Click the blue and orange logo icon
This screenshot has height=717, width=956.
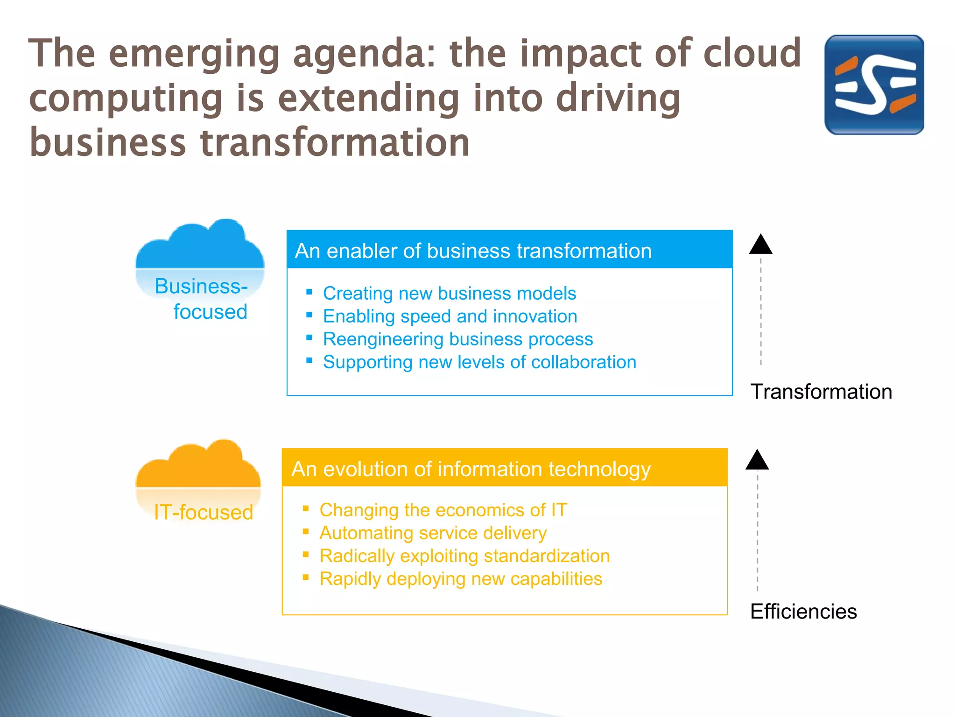click(x=874, y=84)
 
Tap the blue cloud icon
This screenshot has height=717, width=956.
click(x=200, y=247)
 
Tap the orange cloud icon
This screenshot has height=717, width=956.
click(x=198, y=467)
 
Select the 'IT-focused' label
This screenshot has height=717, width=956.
click(x=204, y=513)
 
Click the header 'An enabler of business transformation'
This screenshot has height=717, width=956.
click(x=473, y=251)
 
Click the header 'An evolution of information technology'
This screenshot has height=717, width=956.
click(x=471, y=469)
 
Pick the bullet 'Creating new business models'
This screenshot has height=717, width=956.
click(x=449, y=293)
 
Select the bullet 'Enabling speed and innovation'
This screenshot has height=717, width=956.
click(x=450, y=316)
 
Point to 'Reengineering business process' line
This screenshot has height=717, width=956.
click(x=457, y=339)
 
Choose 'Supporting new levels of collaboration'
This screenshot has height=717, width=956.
click(x=479, y=362)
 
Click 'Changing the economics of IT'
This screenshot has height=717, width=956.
click(x=443, y=510)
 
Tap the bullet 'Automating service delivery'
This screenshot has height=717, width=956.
click(x=433, y=533)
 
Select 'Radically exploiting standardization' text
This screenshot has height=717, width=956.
click(x=464, y=555)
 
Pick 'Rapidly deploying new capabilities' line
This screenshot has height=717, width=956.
click(x=461, y=578)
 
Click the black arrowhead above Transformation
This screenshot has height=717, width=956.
click(x=760, y=245)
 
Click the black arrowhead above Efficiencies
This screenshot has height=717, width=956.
click(x=757, y=461)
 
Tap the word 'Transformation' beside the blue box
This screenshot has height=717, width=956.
click(x=821, y=391)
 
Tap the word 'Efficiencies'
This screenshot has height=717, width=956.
click(x=803, y=611)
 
